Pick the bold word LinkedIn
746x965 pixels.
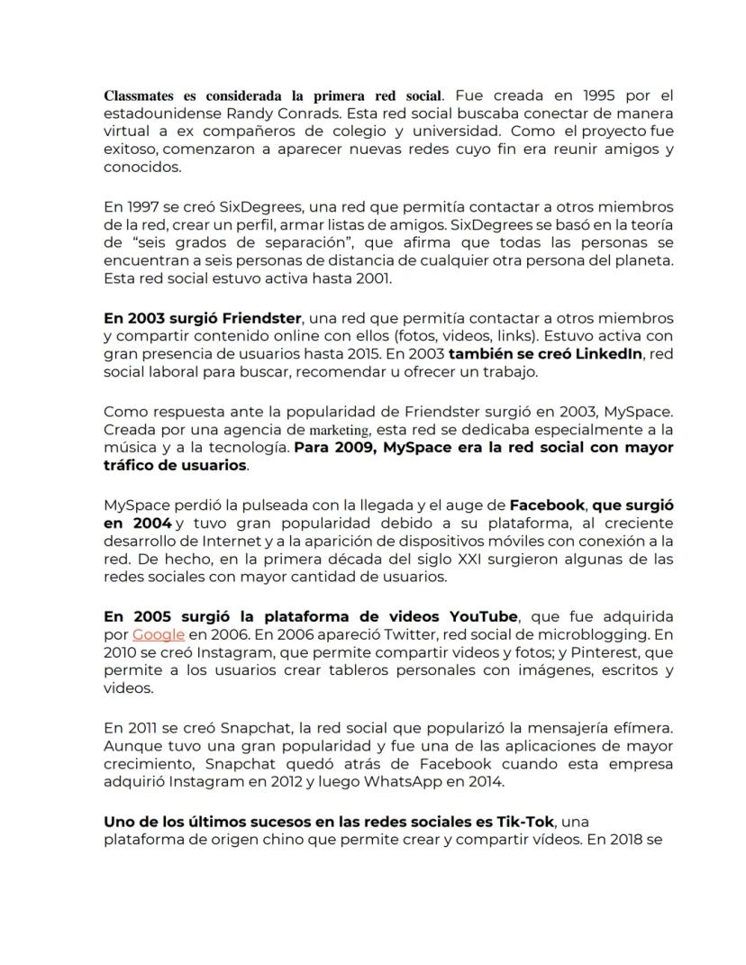tap(605, 354)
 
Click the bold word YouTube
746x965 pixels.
tap(482, 617)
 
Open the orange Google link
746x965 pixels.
tap(159, 635)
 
